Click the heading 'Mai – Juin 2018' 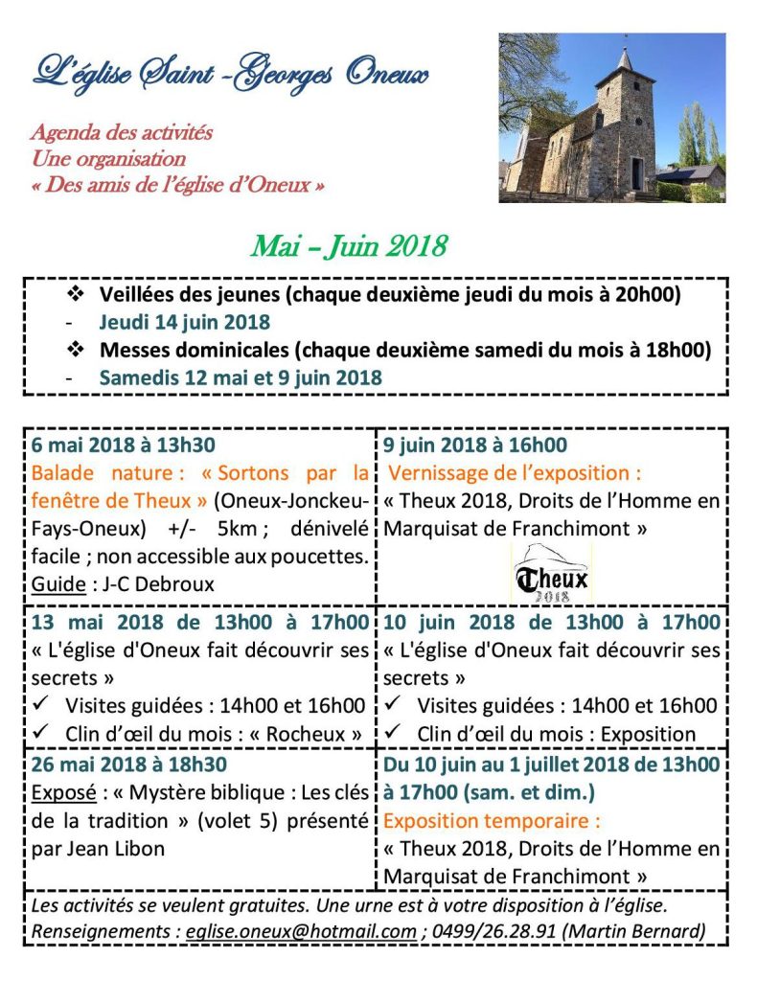point(349,246)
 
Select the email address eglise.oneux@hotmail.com point(301,931)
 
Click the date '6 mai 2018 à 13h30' point(124,445)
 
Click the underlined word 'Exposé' point(58,794)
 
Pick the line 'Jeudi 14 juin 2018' point(184,322)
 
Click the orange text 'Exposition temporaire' point(492,821)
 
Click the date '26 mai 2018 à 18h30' point(128,766)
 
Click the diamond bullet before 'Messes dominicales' point(76,350)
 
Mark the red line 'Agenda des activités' point(122,132)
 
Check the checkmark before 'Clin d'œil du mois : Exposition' point(393,734)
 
